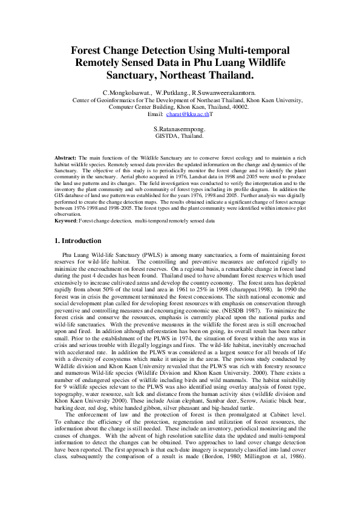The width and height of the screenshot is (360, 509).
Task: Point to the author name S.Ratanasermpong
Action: tap(180, 129)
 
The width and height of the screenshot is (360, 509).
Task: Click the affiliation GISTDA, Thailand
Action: tap(180, 137)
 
